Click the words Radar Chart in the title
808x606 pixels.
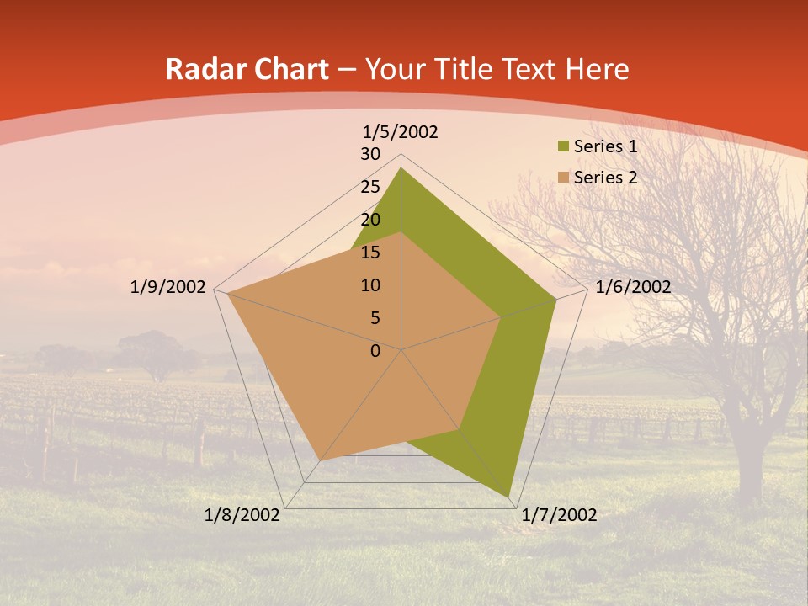(x=247, y=70)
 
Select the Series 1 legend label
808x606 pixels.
(x=605, y=146)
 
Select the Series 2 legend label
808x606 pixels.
(x=605, y=178)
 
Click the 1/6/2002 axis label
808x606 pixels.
(x=633, y=287)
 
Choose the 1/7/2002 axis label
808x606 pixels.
(x=559, y=515)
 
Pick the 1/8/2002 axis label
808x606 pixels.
(x=242, y=515)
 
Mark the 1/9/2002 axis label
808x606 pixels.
(x=168, y=287)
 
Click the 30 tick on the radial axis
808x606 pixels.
(x=370, y=154)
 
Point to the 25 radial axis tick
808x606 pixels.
(x=370, y=187)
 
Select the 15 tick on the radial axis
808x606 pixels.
(x=370, y=252)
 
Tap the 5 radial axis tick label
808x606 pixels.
(x=375, y=318)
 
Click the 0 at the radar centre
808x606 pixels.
(x=375, y=351)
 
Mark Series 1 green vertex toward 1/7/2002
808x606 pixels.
(x=508, y=496)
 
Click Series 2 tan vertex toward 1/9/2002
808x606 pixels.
(x=228, y=294)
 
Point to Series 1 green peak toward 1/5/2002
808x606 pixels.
(x=401, y=168)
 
